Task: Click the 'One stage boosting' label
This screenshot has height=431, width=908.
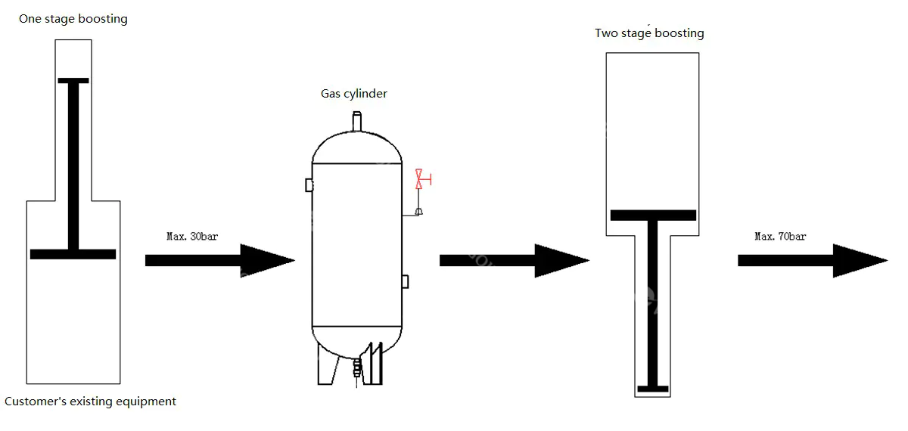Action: (x=73, y=19)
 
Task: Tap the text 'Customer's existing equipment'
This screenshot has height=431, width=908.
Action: (x=90, y=402)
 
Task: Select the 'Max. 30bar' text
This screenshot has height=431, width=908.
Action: (x=191, y=237)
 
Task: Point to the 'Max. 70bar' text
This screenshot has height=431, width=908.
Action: (x=780, y=237)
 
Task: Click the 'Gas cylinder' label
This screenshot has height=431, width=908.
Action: (x=354, y=94)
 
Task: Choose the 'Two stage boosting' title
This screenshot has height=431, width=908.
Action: (x=649, y=33)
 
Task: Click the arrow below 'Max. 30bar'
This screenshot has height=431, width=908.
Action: (x=219, y=260)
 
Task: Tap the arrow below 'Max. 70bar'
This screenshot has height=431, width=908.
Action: (x=812, y=260)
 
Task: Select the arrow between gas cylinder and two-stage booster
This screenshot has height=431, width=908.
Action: (x=514, y=260)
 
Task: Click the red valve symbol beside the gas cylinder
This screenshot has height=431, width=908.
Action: (x=418, y=179)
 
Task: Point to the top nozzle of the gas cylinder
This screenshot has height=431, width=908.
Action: (x=356, y=122)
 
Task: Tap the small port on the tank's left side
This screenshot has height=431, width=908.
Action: (x=309, y=184)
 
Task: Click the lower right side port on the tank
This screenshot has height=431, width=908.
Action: (x=405, y=281)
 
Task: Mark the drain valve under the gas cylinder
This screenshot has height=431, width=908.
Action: (x=357, y=369)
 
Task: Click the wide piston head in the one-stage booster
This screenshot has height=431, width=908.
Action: (x=73, y=254)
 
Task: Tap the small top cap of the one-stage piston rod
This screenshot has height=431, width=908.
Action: (x=73, y=80)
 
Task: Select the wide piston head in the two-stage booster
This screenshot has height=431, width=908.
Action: (x=653, y=215)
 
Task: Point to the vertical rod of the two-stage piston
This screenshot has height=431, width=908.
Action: (x=652, y=302)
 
